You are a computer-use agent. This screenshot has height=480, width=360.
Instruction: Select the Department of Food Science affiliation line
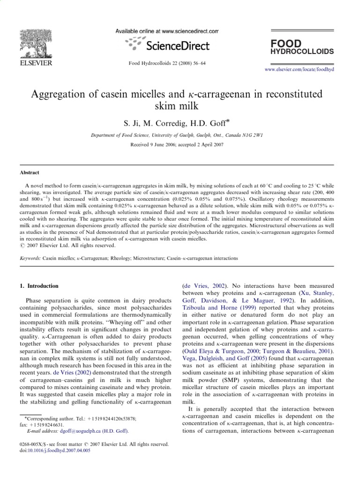tap(177, 135)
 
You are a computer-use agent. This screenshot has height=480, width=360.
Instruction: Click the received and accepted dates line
tap(177, 145)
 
